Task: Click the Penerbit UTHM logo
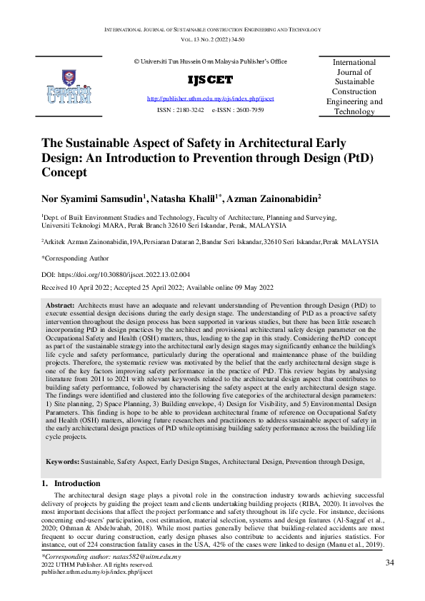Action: coord(68,86)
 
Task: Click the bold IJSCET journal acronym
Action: coord(210,80)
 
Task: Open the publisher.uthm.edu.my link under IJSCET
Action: coord(210,98)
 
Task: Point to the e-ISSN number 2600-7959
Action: coord(249,111)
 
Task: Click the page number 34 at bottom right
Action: coord(390,563)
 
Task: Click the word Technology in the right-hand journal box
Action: coord(354,111)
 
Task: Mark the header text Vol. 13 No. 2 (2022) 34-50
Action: coord(212,41)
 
